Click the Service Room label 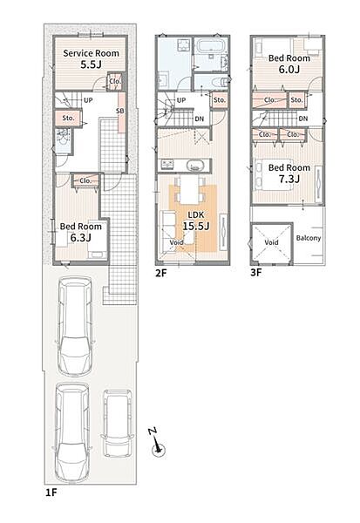[91, 53]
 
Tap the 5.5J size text [91, 65]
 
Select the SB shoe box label [119, 111]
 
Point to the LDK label [195, 215]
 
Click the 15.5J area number [196, 226]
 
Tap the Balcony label [309, 238]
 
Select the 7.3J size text [289, 179]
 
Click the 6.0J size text [289, 70]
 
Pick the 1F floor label [51, 492]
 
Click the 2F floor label [160, 273]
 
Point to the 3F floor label [256, 273]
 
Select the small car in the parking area [117, 424]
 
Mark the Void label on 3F [271, 242]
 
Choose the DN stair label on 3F [303, 119]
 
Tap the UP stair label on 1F [88, 99]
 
